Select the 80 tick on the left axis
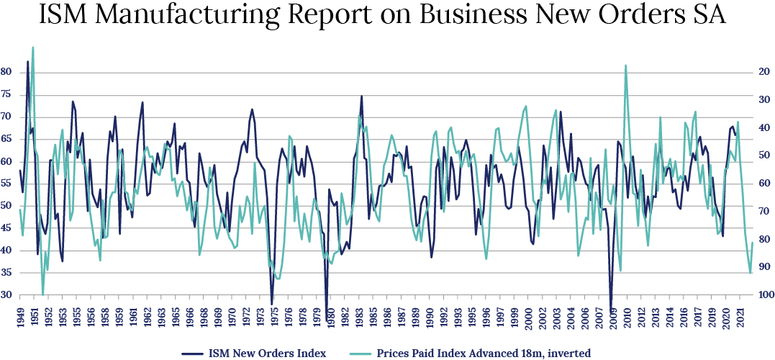coord(6,72)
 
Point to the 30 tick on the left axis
coord(6,295)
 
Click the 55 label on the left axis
coord(6,184)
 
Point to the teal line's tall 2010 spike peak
coord(625,66)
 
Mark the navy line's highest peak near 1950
coord(28,61)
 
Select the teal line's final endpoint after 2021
coord(753,243)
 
